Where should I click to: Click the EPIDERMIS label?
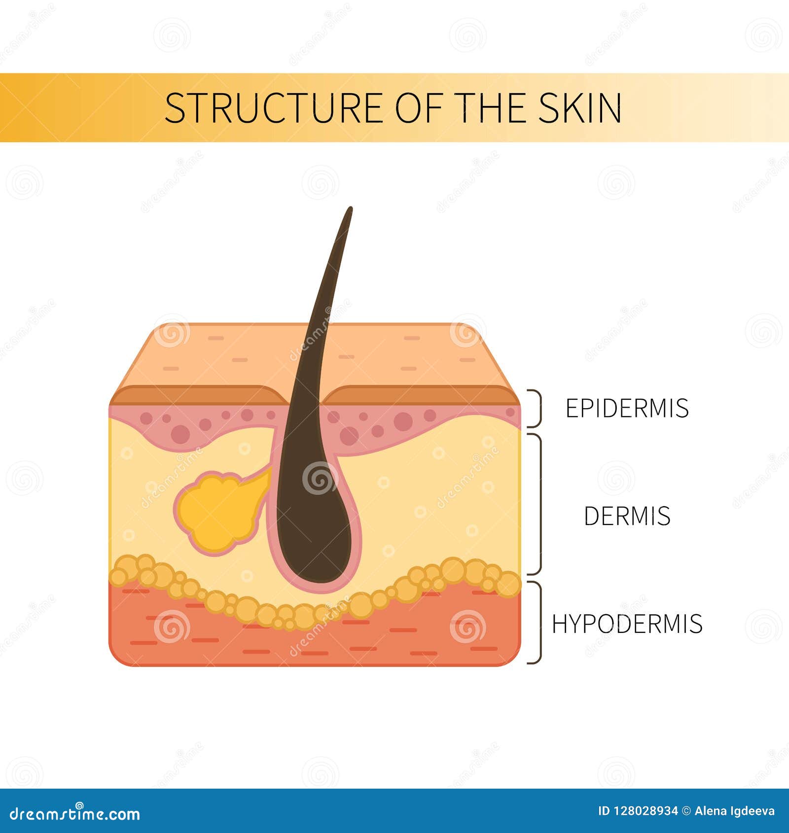[627, 408]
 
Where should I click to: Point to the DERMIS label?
[627, 516]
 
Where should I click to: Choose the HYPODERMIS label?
[627, 624]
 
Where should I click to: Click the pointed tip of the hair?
[350, 209]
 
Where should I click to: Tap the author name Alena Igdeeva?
[734, 811]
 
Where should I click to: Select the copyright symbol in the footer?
[686, 811]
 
